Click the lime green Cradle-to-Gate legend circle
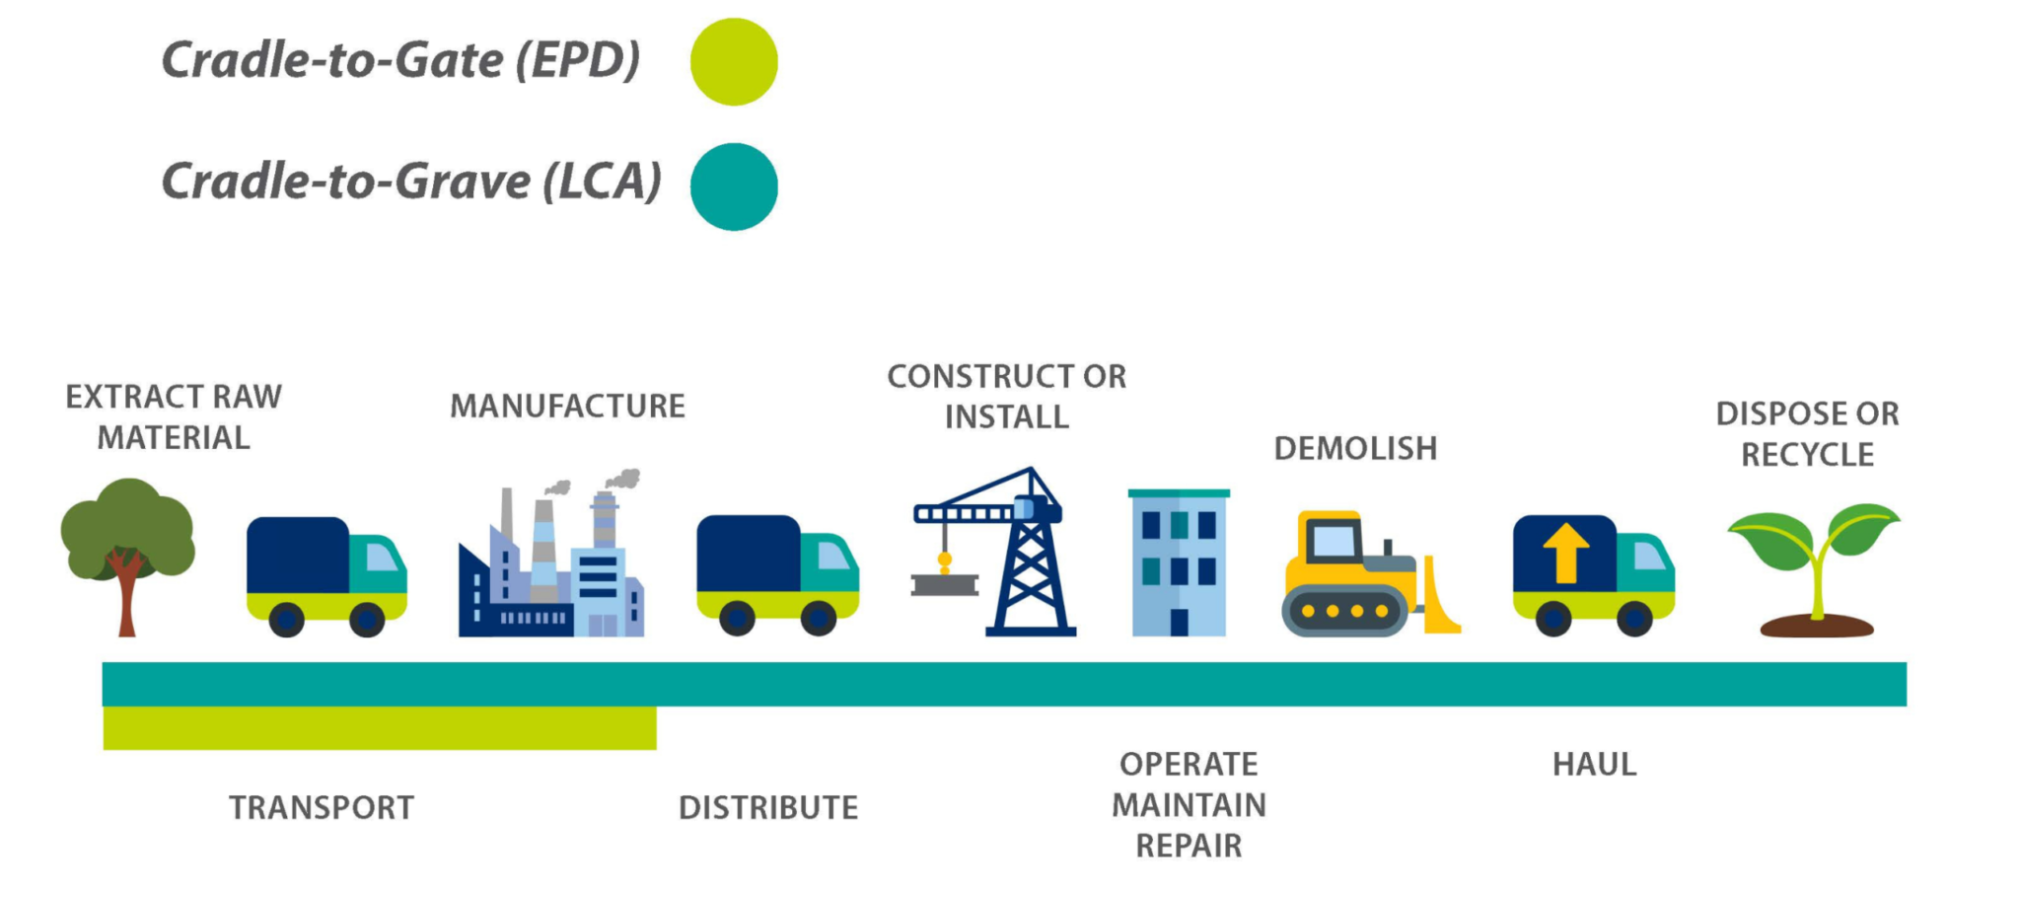point(734,61)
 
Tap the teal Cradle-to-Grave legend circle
point(734,187)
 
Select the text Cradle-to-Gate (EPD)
point(400,60)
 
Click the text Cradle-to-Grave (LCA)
point(411,182)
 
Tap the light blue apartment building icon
point(1179,562)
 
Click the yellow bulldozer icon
point(1370,572)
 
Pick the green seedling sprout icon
point(1815,569)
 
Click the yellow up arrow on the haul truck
point(1565,553)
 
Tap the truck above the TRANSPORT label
point(326,576)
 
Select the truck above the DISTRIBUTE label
point(778,575)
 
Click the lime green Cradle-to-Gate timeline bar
point(380,728)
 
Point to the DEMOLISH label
point(1355,449)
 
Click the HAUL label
point(1594,765)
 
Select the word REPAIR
point(1189,847)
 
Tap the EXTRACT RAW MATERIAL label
point(174,417)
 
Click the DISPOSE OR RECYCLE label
point(1807,434)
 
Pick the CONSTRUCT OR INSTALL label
point(1006,397)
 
